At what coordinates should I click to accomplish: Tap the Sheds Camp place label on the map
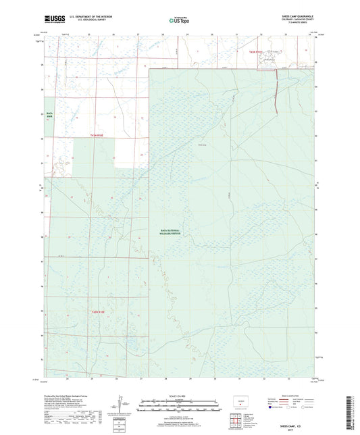pos(202,144)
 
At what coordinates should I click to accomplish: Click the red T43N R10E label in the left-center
pos(99,135)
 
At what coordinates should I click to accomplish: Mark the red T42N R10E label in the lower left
pos(99,311)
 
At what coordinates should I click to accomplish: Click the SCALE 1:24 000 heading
pos(180,394)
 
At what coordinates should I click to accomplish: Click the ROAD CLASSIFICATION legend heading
pos(292,394)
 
